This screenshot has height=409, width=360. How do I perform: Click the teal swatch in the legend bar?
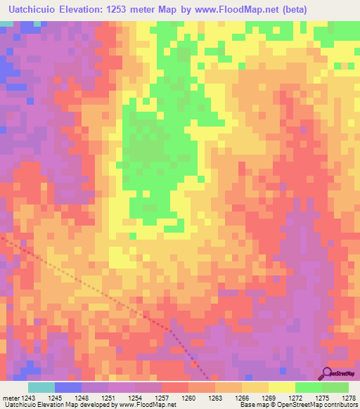(x=41, y=387)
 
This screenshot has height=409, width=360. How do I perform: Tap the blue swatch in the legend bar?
(x=68, y=387)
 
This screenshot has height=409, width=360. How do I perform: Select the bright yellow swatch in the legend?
(x=282, y=387)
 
